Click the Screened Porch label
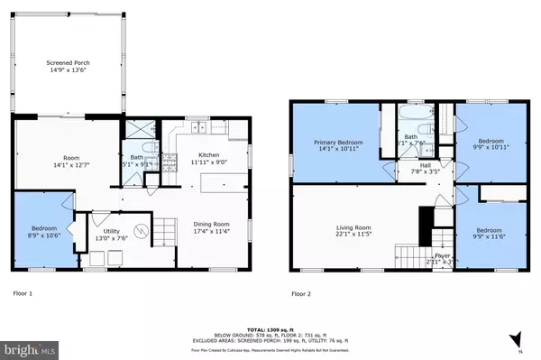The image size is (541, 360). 69,63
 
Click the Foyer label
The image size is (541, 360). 442,255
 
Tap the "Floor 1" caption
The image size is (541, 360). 25,293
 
